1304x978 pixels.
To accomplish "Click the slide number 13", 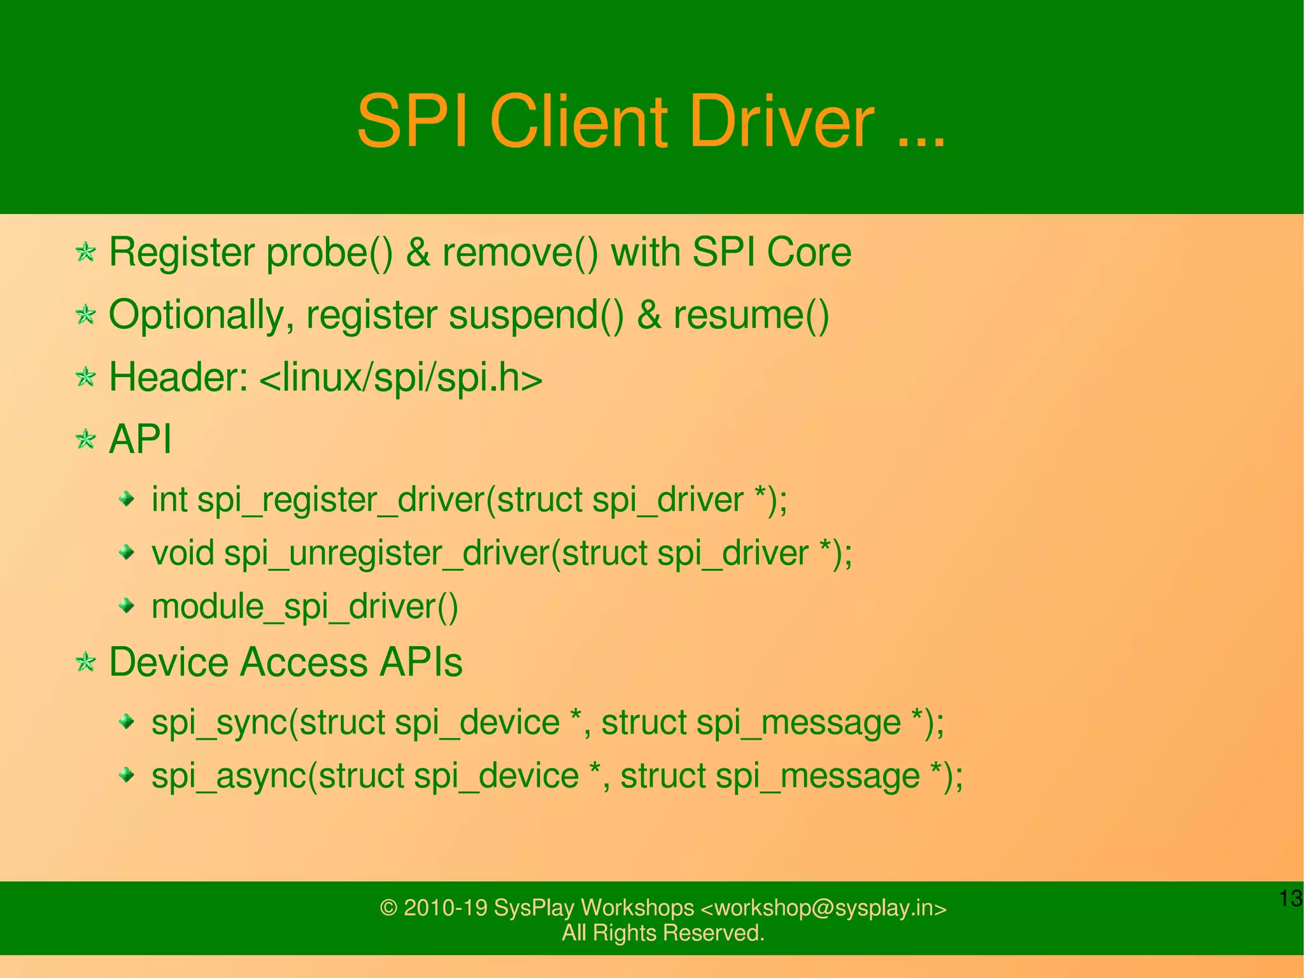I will pos(1290,899).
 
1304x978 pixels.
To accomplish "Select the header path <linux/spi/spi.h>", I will pos(401,377).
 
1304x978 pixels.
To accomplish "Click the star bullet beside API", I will pos(85,440).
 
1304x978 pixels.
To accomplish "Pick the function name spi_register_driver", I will pos(341,500).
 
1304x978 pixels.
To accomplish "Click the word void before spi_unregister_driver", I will pos(183,553).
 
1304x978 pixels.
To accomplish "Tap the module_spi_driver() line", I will pos(304,607).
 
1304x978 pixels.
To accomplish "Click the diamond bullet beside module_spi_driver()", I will pos(127,605).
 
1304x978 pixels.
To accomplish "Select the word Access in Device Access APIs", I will pos(304,662).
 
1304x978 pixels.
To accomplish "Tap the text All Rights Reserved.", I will pos(663,933).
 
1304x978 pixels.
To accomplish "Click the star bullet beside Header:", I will pos(85,377).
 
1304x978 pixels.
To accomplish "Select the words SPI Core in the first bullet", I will pos(771,253).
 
